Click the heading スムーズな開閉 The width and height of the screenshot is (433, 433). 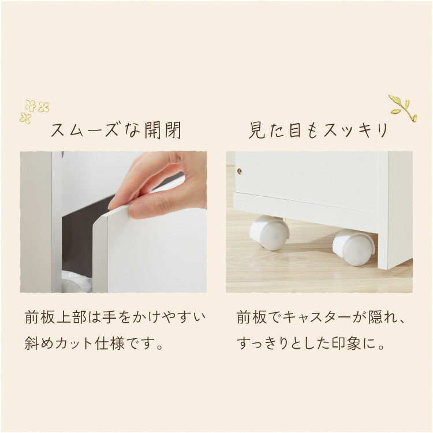click(x=116, y=130)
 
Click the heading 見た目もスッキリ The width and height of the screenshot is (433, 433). click(x=318, y=130)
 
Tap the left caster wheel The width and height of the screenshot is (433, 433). click(x=269, y=233)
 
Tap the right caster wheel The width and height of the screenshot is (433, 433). click(x=353, y=247)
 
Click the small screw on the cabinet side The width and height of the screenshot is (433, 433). click(x=240, y=171)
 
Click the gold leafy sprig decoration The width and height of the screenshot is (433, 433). click(x=402, y=109)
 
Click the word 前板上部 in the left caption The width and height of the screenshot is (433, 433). click(x=56, y=318)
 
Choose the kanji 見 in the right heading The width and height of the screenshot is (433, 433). click(x=257, y=130)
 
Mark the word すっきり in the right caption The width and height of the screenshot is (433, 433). click(x=263, y=344)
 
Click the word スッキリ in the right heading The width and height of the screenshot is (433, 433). click(x=356, y=130)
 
